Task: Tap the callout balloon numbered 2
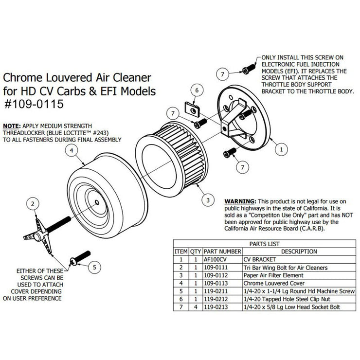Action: (x=32, y=203)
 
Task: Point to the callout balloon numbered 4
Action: (x=71, y=151)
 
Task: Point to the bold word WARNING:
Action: (x=240, y=200)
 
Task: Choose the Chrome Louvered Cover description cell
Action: (x=270, y=283)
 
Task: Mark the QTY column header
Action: (x=196, y=252)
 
